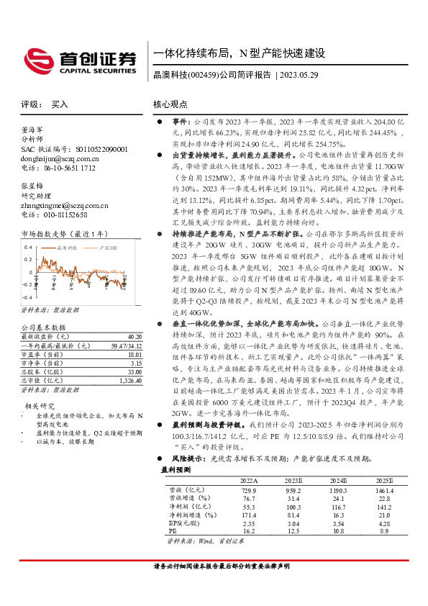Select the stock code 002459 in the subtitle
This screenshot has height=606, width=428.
[204, 75]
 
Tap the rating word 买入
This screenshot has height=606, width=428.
[60, 104]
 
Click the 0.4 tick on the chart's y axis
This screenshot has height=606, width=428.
[29, 247]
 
